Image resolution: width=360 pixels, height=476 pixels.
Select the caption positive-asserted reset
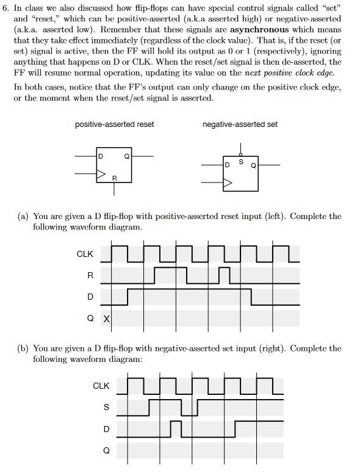point(114,124)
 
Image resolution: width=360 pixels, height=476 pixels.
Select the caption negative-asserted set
point(240,124)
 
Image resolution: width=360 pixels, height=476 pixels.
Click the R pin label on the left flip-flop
point(114,178)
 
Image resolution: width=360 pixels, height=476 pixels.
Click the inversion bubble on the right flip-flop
point(240,154)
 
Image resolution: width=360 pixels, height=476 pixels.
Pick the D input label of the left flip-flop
point(101,157)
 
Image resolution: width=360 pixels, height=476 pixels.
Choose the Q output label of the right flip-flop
point(253,165)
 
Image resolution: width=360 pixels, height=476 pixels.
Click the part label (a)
point(23,217)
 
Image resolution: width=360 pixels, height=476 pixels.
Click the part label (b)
point(23,348)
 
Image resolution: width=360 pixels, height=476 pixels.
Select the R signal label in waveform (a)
point(90,275)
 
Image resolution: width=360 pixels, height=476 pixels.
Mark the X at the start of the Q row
point(106,319)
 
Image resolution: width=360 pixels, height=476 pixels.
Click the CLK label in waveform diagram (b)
point(101,386)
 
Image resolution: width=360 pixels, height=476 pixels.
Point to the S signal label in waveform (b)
point(106,407)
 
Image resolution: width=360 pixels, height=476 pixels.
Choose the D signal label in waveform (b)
point(106,429)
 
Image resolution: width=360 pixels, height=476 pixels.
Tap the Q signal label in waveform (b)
point(106,451)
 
